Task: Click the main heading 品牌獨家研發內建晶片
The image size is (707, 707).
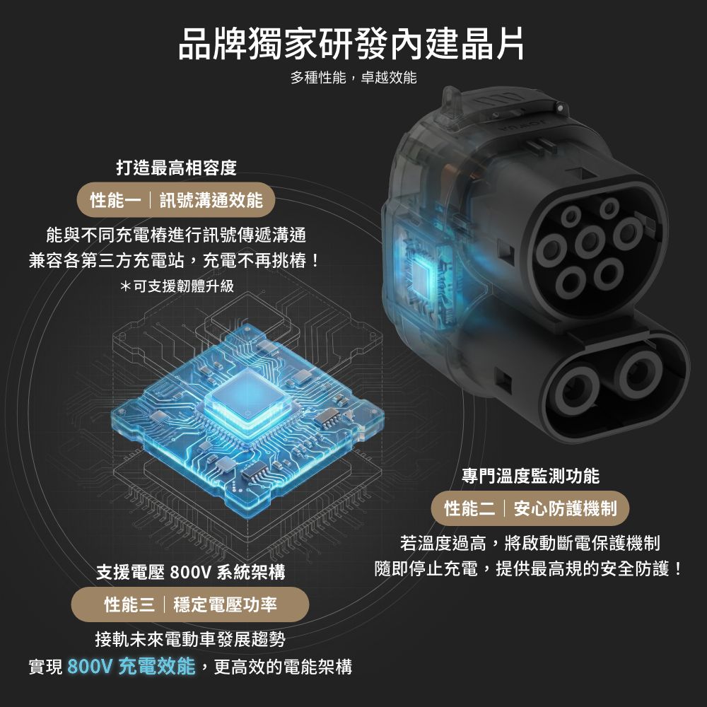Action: click(x=351, y=44)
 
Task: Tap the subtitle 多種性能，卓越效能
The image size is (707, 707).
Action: click(x=353, y=78)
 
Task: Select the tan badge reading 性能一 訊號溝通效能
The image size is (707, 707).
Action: click(x=176, y=200)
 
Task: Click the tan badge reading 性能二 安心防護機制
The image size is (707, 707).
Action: click(x=530, y=508)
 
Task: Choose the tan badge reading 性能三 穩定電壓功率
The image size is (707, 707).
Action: click(x=190, y=604)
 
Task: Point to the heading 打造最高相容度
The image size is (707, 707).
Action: click(x=176, y=168)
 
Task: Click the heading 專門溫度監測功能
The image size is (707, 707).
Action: click(x=530, y=476)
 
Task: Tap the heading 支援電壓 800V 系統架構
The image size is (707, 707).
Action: click(x=191, y=572)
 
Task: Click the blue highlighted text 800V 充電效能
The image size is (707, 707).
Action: click(x=132, y=667)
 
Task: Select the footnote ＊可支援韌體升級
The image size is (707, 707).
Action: click(x=177, y=286)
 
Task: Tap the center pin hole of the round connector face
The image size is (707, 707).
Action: click(x=590, y=241)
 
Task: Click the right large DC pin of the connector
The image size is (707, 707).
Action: click(x=641, y=373)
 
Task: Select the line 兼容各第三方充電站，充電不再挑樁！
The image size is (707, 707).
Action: click(x=175, y=260)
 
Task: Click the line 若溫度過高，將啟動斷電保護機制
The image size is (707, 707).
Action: click(x=530, y=543)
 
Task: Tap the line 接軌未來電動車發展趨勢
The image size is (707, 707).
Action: click(x=190, y=639)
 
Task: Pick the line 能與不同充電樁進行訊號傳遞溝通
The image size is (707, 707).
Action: click(x=176, y=235)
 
